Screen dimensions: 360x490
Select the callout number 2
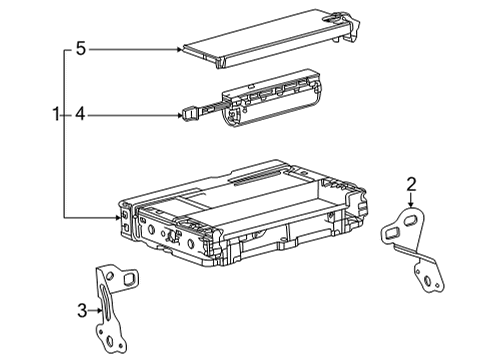pyautogui.click(x=410, y=182)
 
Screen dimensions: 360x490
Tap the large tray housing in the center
pyautogui.click(x=240, y=215)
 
